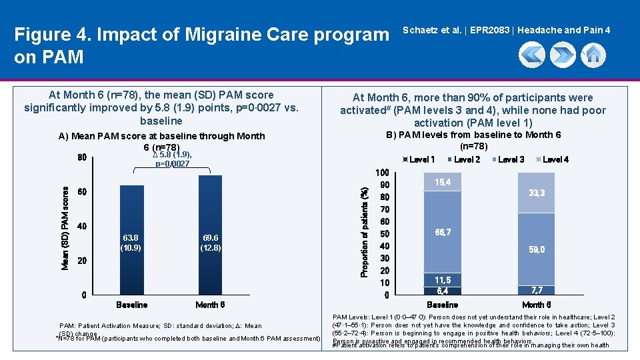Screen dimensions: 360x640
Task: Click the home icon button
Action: pyautogui.click(x=593, y=55)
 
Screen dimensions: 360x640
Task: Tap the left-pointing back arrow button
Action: pyautogui.click(x=531, y=55)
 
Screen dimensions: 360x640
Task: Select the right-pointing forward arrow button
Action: pyautogui.click(x=563, y=55)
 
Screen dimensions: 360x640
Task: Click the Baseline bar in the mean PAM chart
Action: pyautogui.click(x=131, y=240)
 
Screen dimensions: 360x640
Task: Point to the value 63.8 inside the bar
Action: pyautogui.click(x=131, y=238)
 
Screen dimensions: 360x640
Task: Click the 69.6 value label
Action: pyautogui.click(x=210, y=238)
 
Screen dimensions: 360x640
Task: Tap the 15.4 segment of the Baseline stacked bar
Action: pyautogui.click(x=443, y=182)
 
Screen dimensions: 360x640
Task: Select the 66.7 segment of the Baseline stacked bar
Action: pyautogui.click(x=443, y=232)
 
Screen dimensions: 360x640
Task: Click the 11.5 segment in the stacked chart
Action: pyautogui.click(x=443, y=280)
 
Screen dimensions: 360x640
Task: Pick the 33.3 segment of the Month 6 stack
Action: pyautogui.click(x=536, y=193)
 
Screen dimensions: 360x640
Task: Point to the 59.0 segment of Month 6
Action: pyautogui.click(x=536, y=249)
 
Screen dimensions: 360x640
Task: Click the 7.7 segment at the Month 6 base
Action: pyautogui.click(x=536, y=291)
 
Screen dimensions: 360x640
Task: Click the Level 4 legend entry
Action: pyautogui.click(x=553, y=159)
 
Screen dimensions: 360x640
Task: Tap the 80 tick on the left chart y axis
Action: pyautogui.click(x=82, y=159)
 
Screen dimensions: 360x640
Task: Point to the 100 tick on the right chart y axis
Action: pyautogui.click(x=382, y=173)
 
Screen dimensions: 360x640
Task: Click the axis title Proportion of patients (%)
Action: pyautogui.click(x=365, y=232)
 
